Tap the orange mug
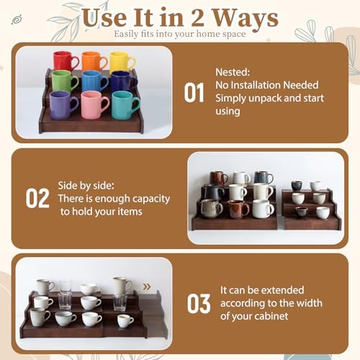pyautogui.click(x=94, y=61)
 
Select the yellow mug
pyautogui.click(x=122, y=62)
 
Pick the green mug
pyautogui.click(x=65, y=81)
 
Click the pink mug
pyautogui.click(x=94, y=105)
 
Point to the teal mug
pyautogui.click(x=125, y=105)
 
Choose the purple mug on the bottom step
pyautogui.click(x=63, y=105)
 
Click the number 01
pyautogui.click(x=194, y=93)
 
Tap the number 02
pyautogui.click(x=37, y=198)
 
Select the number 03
pyautogui.click(x=199, y=304)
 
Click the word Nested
pyautogui.click(x=233, y=72)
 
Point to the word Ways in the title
pyautogui.click(x=246, y=19)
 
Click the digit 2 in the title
pyautogui.click(x=197, y=18)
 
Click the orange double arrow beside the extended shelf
pyautogui.click(x=147, y=287)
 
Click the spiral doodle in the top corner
pyautogui.click(x=17, y=19)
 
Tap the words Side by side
pyautogui.click(x=86, y=186)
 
